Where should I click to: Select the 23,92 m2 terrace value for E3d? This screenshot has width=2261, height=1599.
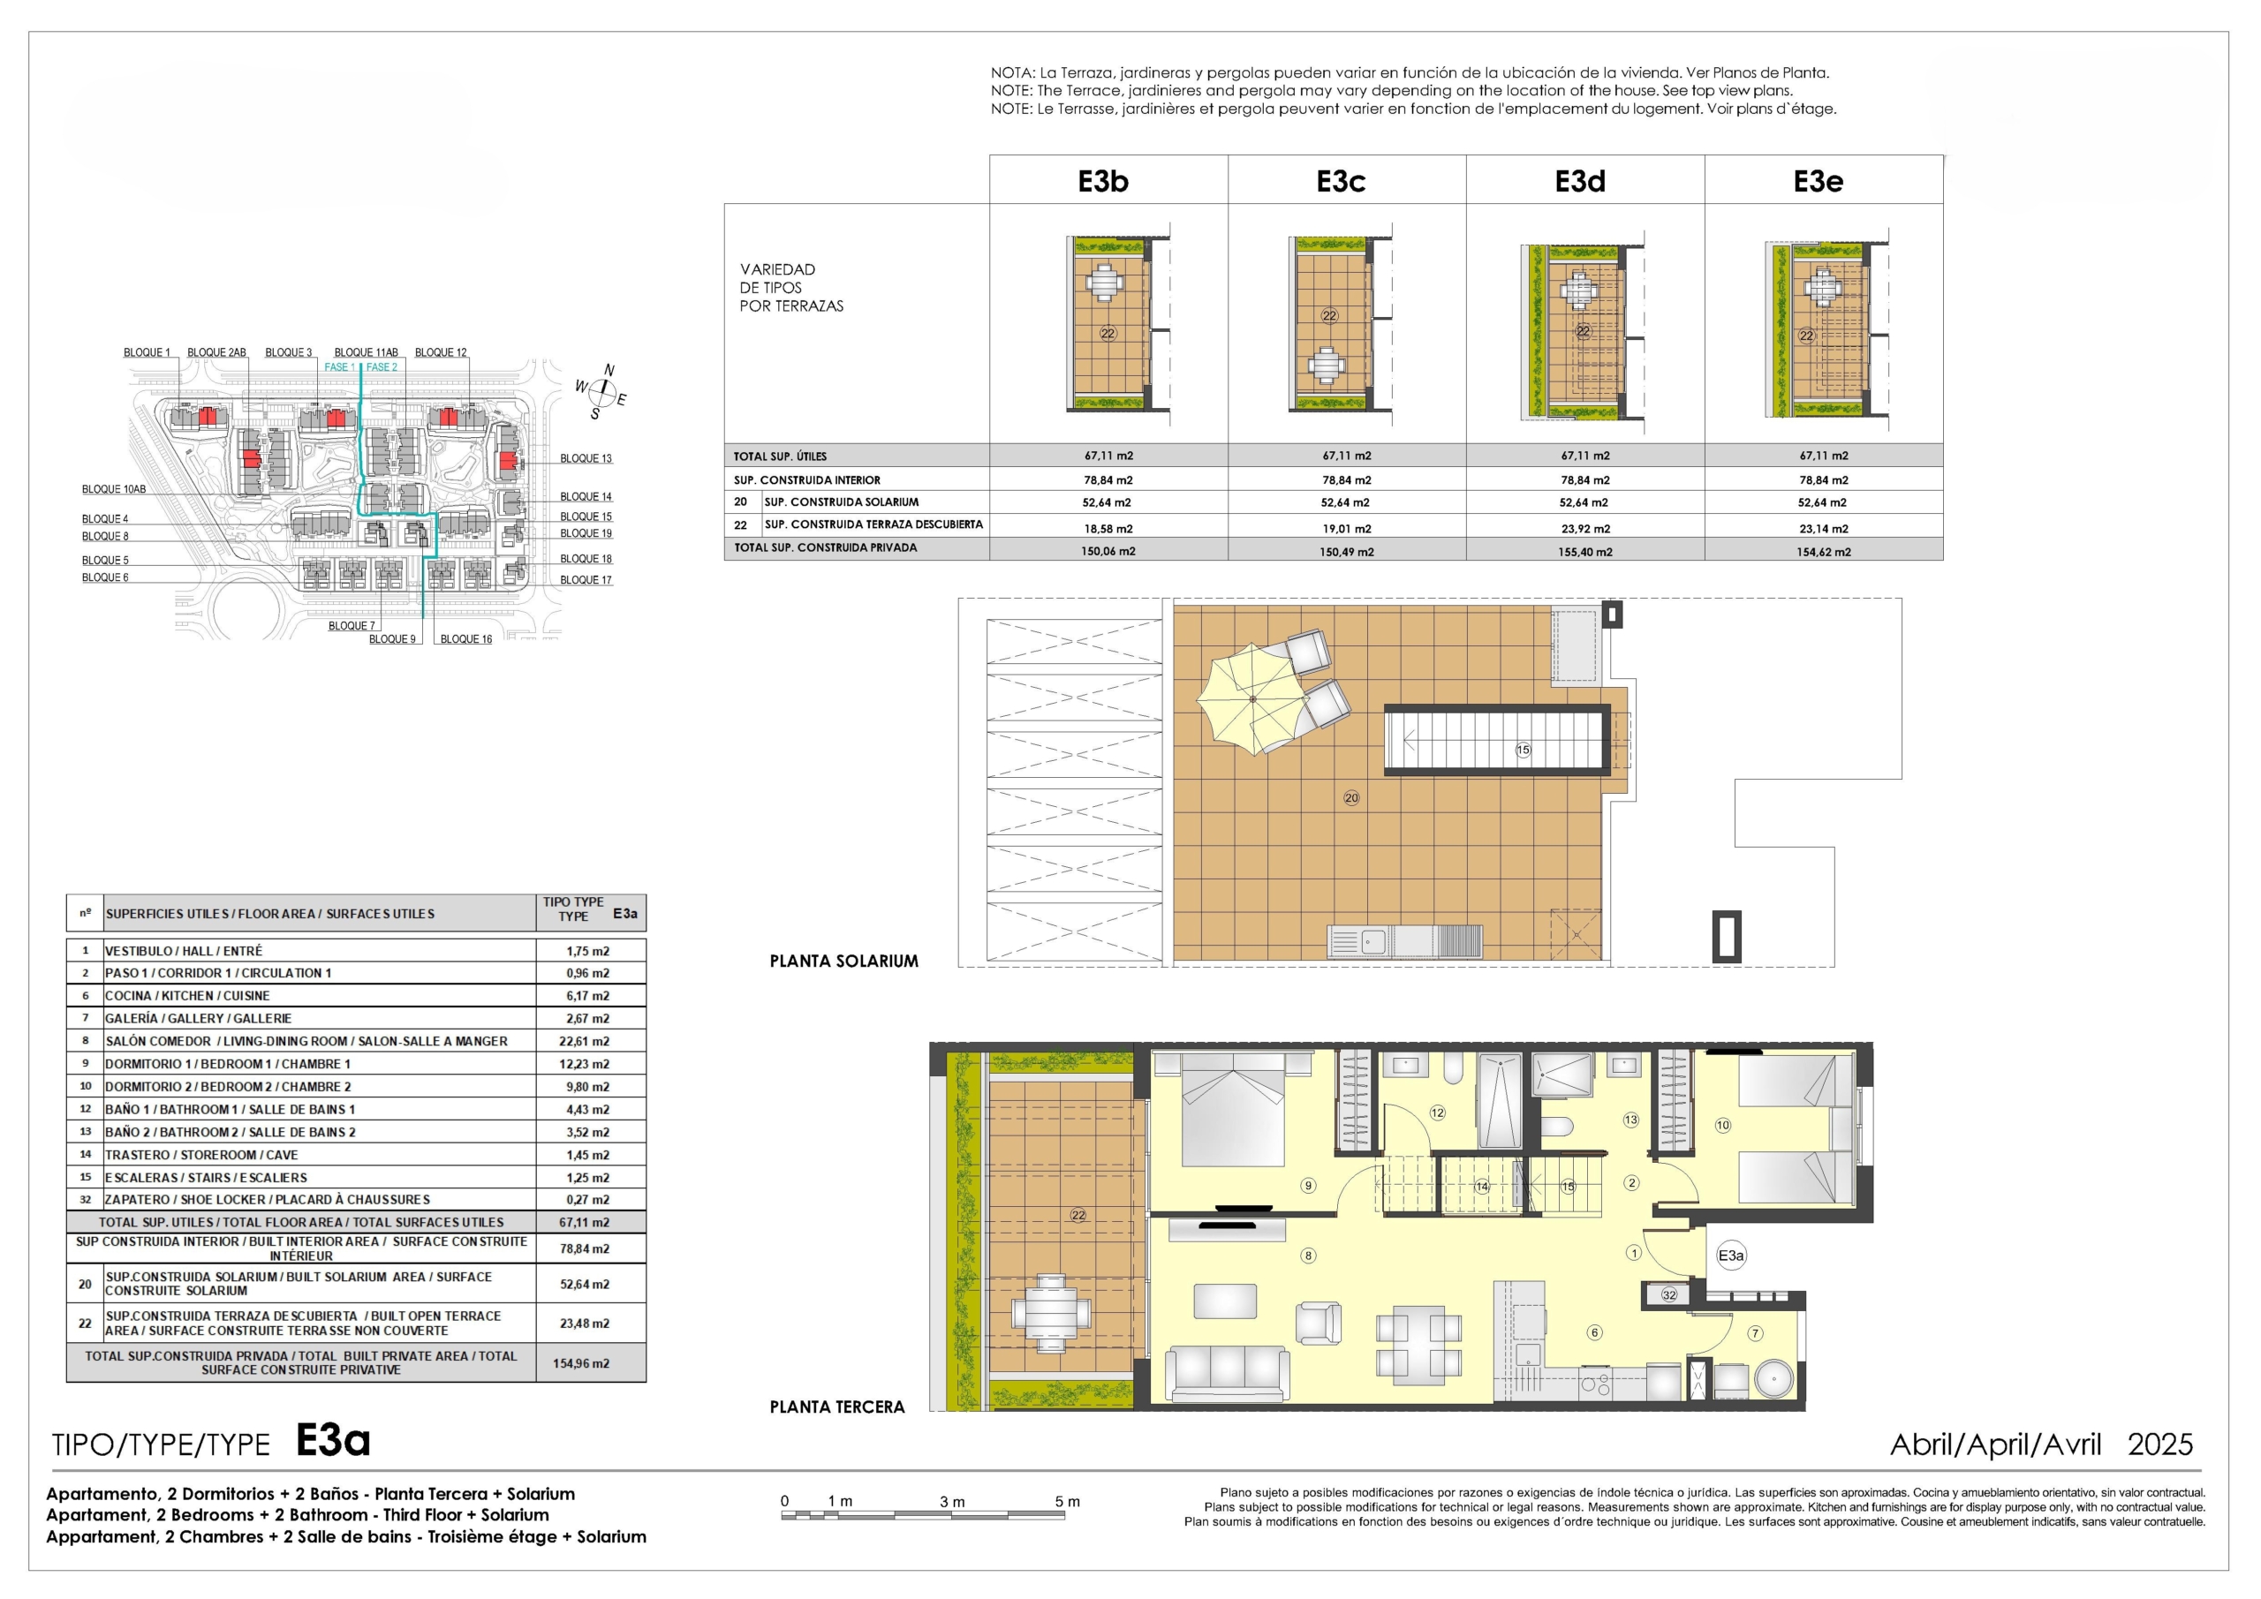click(x=1585, y=529)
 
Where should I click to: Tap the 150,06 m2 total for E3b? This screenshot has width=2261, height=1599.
click(x=1108, y=551)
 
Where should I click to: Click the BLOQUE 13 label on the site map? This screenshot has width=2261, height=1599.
click(x=586, y=458)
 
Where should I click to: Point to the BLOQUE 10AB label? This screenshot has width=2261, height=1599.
click(x=113, y=489)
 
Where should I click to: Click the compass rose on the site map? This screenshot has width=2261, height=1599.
click(x=601, y=393)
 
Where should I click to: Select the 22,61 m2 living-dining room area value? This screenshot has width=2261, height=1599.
click(x=588, y=1041)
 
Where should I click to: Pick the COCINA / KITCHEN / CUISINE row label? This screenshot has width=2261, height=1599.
click(x=187, y=995)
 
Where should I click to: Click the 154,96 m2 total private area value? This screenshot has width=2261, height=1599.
click(x=581, y=1363)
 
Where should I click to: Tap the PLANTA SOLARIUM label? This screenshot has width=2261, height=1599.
click(x=844, y=961)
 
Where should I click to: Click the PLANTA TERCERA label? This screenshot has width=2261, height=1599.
click(x=837, y=1407)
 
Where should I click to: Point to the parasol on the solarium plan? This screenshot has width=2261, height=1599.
click(x=1252, y=699)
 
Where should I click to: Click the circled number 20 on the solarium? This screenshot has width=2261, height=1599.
click(x=1351, y=797)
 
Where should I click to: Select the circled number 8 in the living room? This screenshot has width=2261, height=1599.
click(x=1309, y=1256)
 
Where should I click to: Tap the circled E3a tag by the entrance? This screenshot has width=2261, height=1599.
click(x=1730, y=1256)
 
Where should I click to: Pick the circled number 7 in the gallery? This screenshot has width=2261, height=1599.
click(x=1755, y=1333)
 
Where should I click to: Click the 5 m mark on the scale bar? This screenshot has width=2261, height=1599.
click(x=1068, y=1502)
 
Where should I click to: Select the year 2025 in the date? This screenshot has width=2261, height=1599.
click(x=2160, y=1444)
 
